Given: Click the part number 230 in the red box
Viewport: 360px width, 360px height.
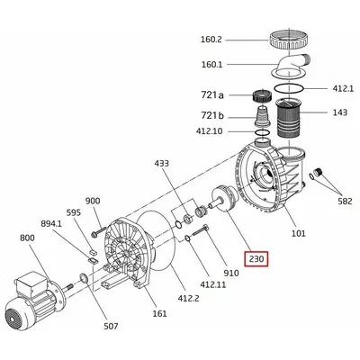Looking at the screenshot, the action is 256,258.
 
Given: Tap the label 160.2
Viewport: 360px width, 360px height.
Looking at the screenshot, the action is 211,40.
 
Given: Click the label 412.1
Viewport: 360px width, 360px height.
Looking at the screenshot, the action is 343,88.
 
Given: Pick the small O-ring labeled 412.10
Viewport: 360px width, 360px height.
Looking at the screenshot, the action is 263,132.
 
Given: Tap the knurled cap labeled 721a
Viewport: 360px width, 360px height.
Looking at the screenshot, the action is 262,96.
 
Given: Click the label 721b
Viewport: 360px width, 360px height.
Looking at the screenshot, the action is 212,115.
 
